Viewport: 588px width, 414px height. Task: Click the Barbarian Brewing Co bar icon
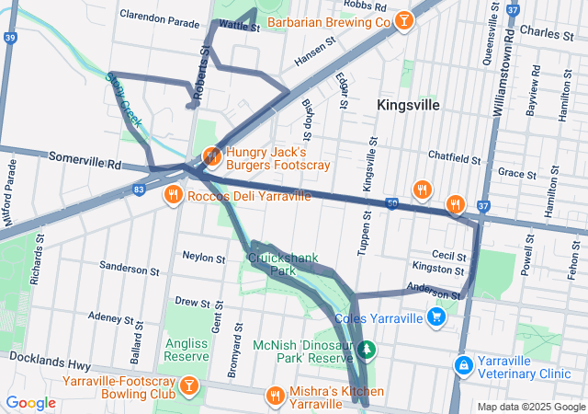(401, 21)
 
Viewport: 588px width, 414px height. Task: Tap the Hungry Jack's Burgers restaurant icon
(211, 156)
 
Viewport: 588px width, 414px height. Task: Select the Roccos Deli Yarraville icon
(172, 195)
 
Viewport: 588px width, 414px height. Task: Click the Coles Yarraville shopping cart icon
(436, 318)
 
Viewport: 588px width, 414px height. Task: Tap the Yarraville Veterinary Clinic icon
(465, 365)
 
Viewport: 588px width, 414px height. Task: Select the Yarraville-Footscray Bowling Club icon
(188, 384)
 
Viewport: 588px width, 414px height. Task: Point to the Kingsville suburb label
(408, 105)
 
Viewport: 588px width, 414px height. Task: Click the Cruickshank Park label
(283, 265)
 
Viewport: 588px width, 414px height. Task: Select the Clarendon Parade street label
(161, 17)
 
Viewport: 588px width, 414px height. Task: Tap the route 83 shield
(138, 189)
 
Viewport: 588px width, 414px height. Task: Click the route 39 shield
(9, 38)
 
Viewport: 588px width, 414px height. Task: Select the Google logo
(30, 402)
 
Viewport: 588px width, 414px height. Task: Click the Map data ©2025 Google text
(530, 407)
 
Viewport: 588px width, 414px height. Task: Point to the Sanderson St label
(129, 270)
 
